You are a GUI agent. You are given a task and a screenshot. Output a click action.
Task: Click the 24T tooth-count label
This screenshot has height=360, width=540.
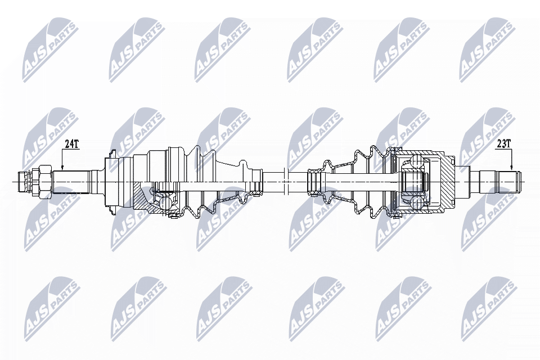[71, 144]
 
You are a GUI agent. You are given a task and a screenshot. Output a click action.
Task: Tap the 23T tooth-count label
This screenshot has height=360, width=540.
[503, 144]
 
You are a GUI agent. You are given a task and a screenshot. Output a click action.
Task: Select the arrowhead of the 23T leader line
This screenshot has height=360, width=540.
[512, 168]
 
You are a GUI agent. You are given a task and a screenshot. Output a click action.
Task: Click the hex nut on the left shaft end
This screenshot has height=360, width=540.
[41, 181]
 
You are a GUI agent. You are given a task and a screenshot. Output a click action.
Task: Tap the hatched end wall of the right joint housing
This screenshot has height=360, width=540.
[447, 181]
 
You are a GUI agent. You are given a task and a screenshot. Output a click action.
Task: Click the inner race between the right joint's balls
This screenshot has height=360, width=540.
[414, 181]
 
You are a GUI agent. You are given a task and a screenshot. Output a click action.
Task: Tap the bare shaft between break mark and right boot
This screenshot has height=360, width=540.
[298, 181]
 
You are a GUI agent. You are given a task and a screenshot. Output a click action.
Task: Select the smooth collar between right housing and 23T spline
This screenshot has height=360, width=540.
[468, 181]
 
